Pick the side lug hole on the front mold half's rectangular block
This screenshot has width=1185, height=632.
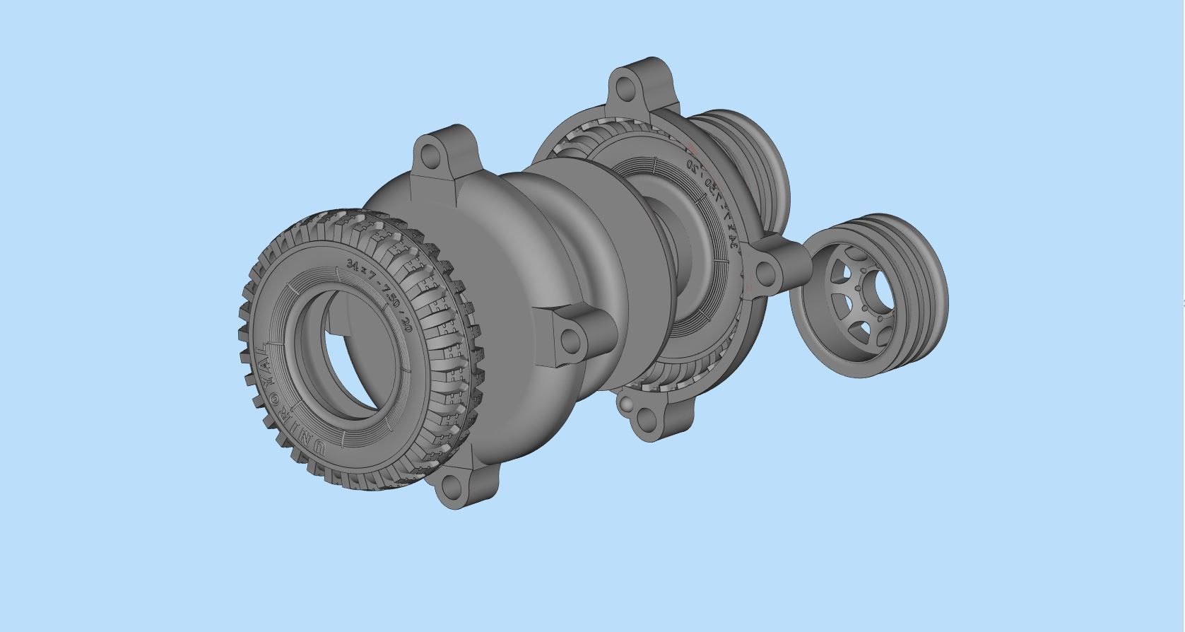click(x=570, y=341)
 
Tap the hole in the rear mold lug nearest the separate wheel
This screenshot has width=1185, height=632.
click(x=763, y=273)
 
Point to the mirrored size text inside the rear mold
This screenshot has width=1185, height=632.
click(x=714, y=205)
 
